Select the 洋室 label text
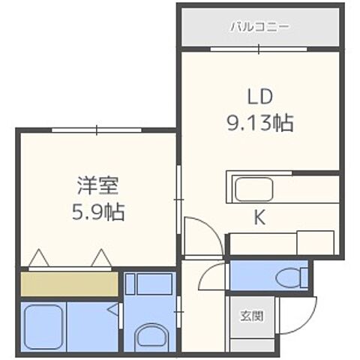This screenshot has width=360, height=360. tap(94, 184)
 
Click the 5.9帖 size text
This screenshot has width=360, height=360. tap(94, 211)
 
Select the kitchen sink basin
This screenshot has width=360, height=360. tap(253, 189)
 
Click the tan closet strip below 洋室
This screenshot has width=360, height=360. tap(69, 283)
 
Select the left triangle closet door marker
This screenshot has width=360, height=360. tap(38, 259)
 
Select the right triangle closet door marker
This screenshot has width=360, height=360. tap(102, 259)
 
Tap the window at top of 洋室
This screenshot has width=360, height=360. tap(97, 130)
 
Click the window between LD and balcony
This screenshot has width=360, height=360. tap(259, 49)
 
